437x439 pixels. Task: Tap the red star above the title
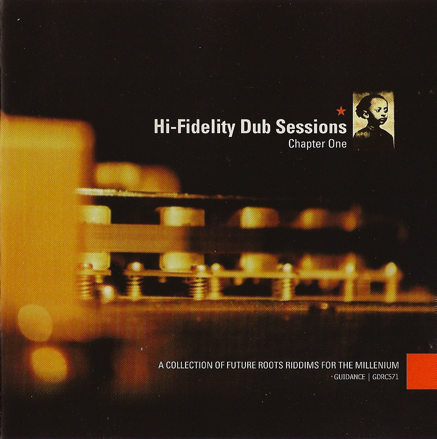coord(341,112)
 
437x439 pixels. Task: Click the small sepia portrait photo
coord(373,120)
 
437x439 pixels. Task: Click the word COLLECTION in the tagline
coord(191,366)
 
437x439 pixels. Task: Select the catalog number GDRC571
coord(386,377)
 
